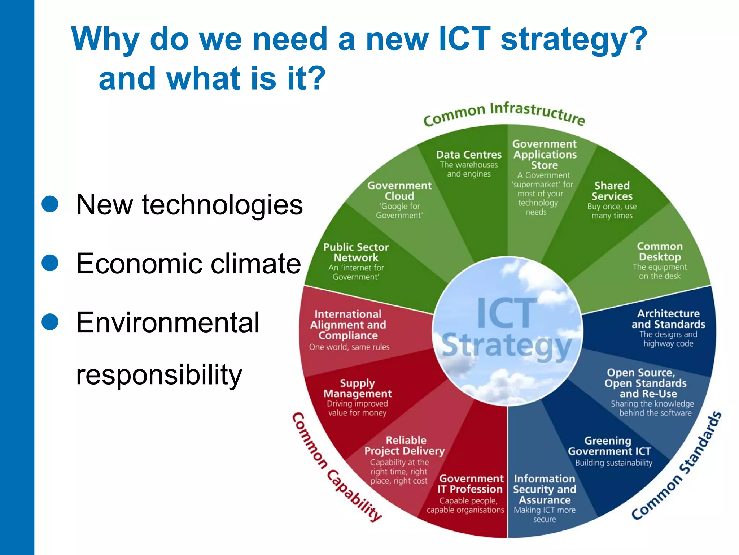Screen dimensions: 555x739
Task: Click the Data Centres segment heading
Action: click(x=469, y=155)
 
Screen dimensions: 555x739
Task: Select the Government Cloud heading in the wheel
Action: click(x=399, y=191)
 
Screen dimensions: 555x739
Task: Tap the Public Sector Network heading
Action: click(x=356, y=252)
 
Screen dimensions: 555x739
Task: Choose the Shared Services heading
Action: click(x=612, y=191)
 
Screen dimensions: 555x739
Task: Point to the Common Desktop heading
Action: click(x=660, y=252)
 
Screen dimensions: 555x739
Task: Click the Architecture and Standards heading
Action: click(x=668, y=319)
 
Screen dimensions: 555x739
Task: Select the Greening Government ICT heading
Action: click(x=609, y=446)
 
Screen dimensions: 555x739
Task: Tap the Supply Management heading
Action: click(x=357, y=388)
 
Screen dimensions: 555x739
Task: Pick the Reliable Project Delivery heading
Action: click(x=405, y=446)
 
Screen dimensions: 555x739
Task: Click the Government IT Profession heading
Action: click(x=471, y=484)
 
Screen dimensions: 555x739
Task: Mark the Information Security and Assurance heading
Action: click(x=545, y=489)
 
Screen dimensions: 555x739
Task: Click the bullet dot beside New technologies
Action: click(x=50, y=204)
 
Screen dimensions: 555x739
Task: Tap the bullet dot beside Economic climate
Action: click(x=50, y=263)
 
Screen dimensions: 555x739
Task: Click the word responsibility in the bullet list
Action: click(x=159, y=375)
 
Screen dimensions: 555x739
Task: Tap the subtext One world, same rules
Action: click(x=349, y=347)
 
